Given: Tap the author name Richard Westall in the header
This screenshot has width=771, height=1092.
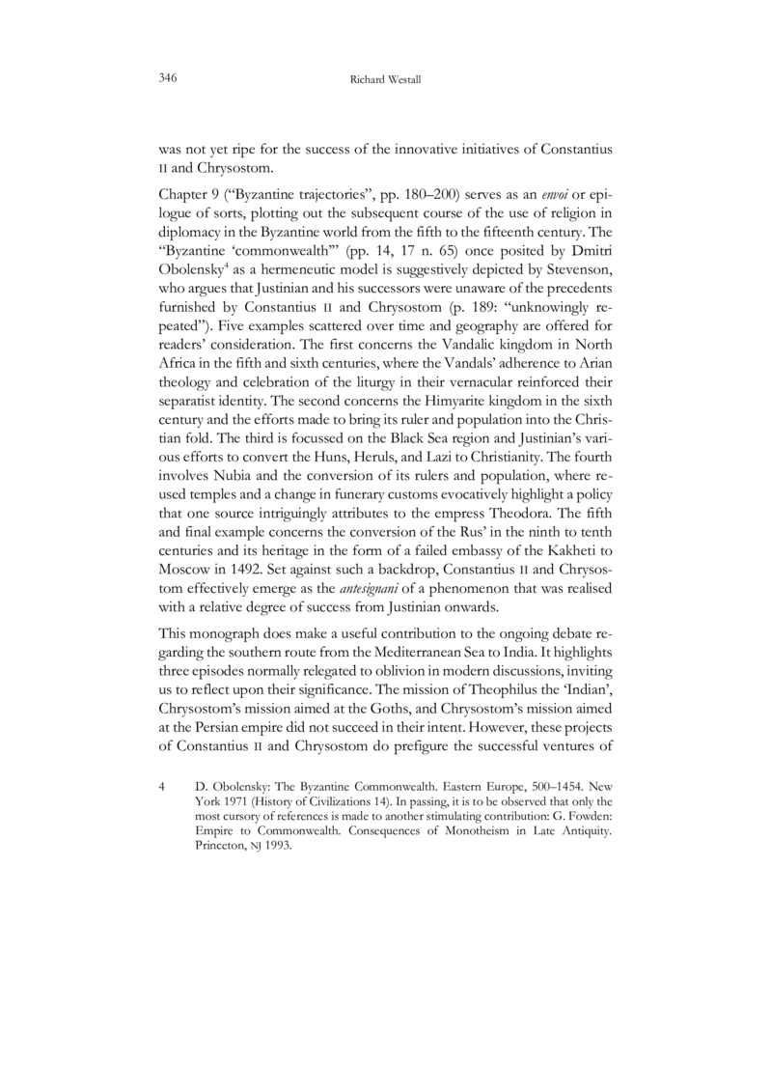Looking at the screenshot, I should [x=385, y=78].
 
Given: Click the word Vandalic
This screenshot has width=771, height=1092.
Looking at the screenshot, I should [x=456, y=352].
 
